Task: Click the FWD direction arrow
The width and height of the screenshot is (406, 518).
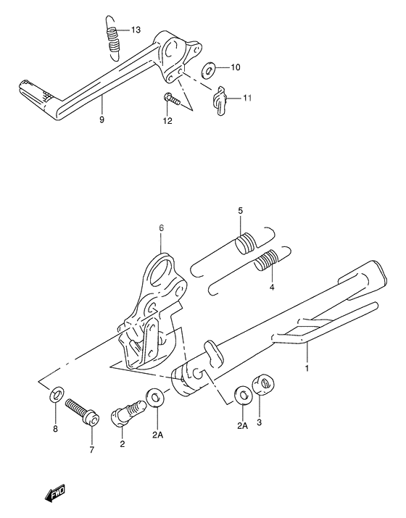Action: pyautogui.click(x=56, y=493)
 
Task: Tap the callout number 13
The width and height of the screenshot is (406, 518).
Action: pyautogui.click(x=136, y=30)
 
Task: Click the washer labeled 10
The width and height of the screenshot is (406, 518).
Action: pyautogui.click(x=208, y=68)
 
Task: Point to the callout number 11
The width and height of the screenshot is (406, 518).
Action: pyautogui.click(x=247, y=98)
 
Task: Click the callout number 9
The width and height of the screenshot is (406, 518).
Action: pyautogui.click(x=101, y=120)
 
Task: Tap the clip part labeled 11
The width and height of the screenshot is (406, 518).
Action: pyautogui.click(x=220, y=100)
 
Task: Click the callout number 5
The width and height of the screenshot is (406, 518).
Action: pyautogui.click(x=241, y=210)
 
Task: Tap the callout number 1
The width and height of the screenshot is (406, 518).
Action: pyautogui.click(x=307, y=368)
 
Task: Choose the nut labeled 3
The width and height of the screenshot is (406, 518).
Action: pyautogui.click(x=263, y=384)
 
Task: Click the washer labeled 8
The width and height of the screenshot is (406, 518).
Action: pyautogui.click(x=57, y=394)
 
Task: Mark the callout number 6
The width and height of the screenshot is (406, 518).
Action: pyautogui.click(x=162, y=228)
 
